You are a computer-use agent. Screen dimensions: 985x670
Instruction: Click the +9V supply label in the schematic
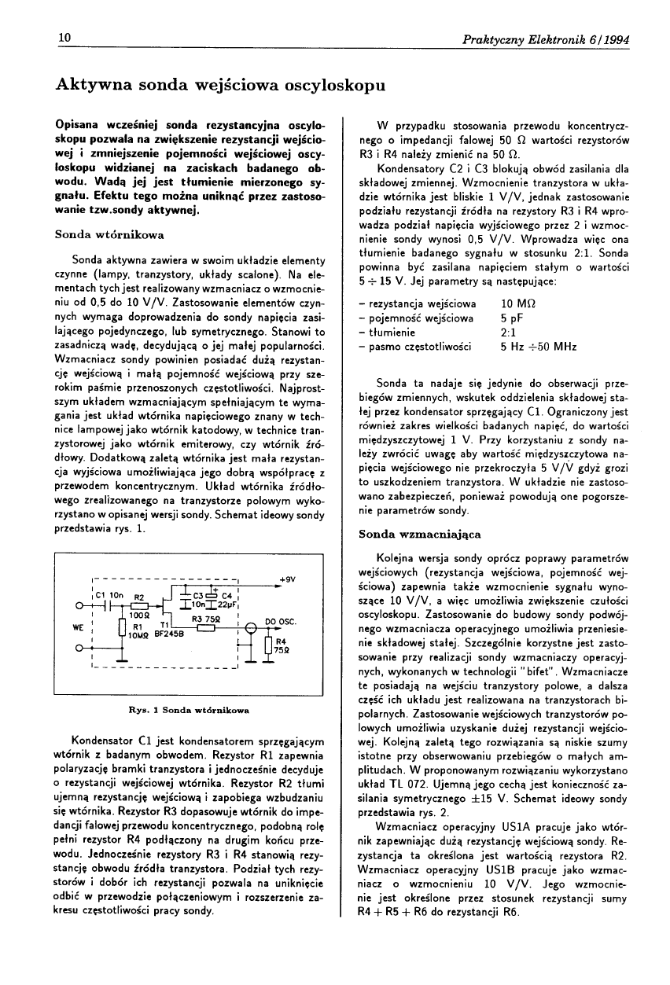pos(286,579)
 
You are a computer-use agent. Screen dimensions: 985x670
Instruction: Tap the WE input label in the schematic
pos(78,627)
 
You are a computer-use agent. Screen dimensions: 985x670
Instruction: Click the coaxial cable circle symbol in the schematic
pos(251,627)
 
